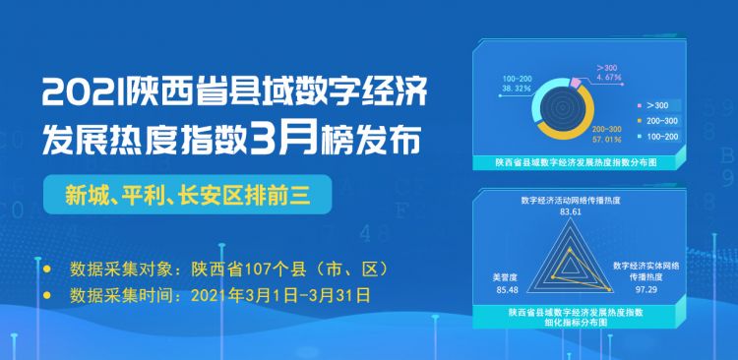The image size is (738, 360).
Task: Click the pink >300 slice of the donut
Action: (x=578, y=84)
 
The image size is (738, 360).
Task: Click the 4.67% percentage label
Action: (x=612, y=75)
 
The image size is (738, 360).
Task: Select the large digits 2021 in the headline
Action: (x=79, y=96)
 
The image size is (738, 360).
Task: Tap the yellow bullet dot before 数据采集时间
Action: (x=48, y=293)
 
